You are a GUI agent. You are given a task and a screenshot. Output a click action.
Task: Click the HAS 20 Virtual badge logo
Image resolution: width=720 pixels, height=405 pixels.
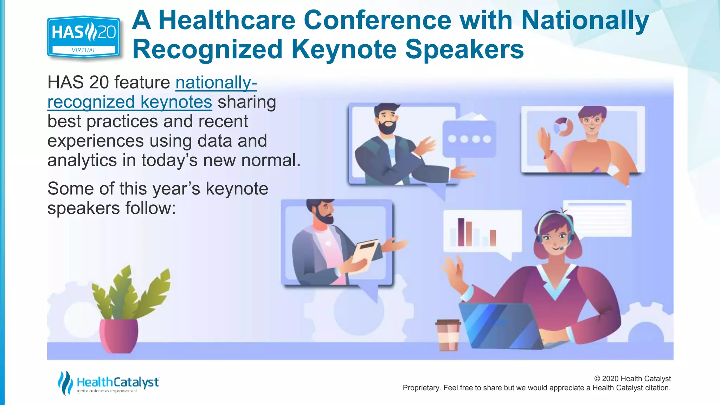tap(84, 37)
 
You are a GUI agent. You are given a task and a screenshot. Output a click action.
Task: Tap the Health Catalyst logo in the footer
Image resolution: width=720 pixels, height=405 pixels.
tap(108, 383)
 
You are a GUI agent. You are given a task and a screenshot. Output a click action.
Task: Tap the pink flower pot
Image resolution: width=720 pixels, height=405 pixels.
tap(118, 335)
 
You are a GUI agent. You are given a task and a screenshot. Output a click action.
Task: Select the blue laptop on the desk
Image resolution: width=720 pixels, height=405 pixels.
tap(499, 325)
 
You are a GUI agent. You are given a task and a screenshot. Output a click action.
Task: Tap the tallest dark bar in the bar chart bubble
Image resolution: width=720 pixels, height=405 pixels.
tap(461, 232)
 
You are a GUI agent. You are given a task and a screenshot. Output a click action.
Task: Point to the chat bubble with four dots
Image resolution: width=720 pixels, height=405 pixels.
tap(469, 139)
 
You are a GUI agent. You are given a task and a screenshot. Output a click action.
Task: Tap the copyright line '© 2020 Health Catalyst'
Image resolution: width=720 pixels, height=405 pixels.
tap(632, 379)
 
